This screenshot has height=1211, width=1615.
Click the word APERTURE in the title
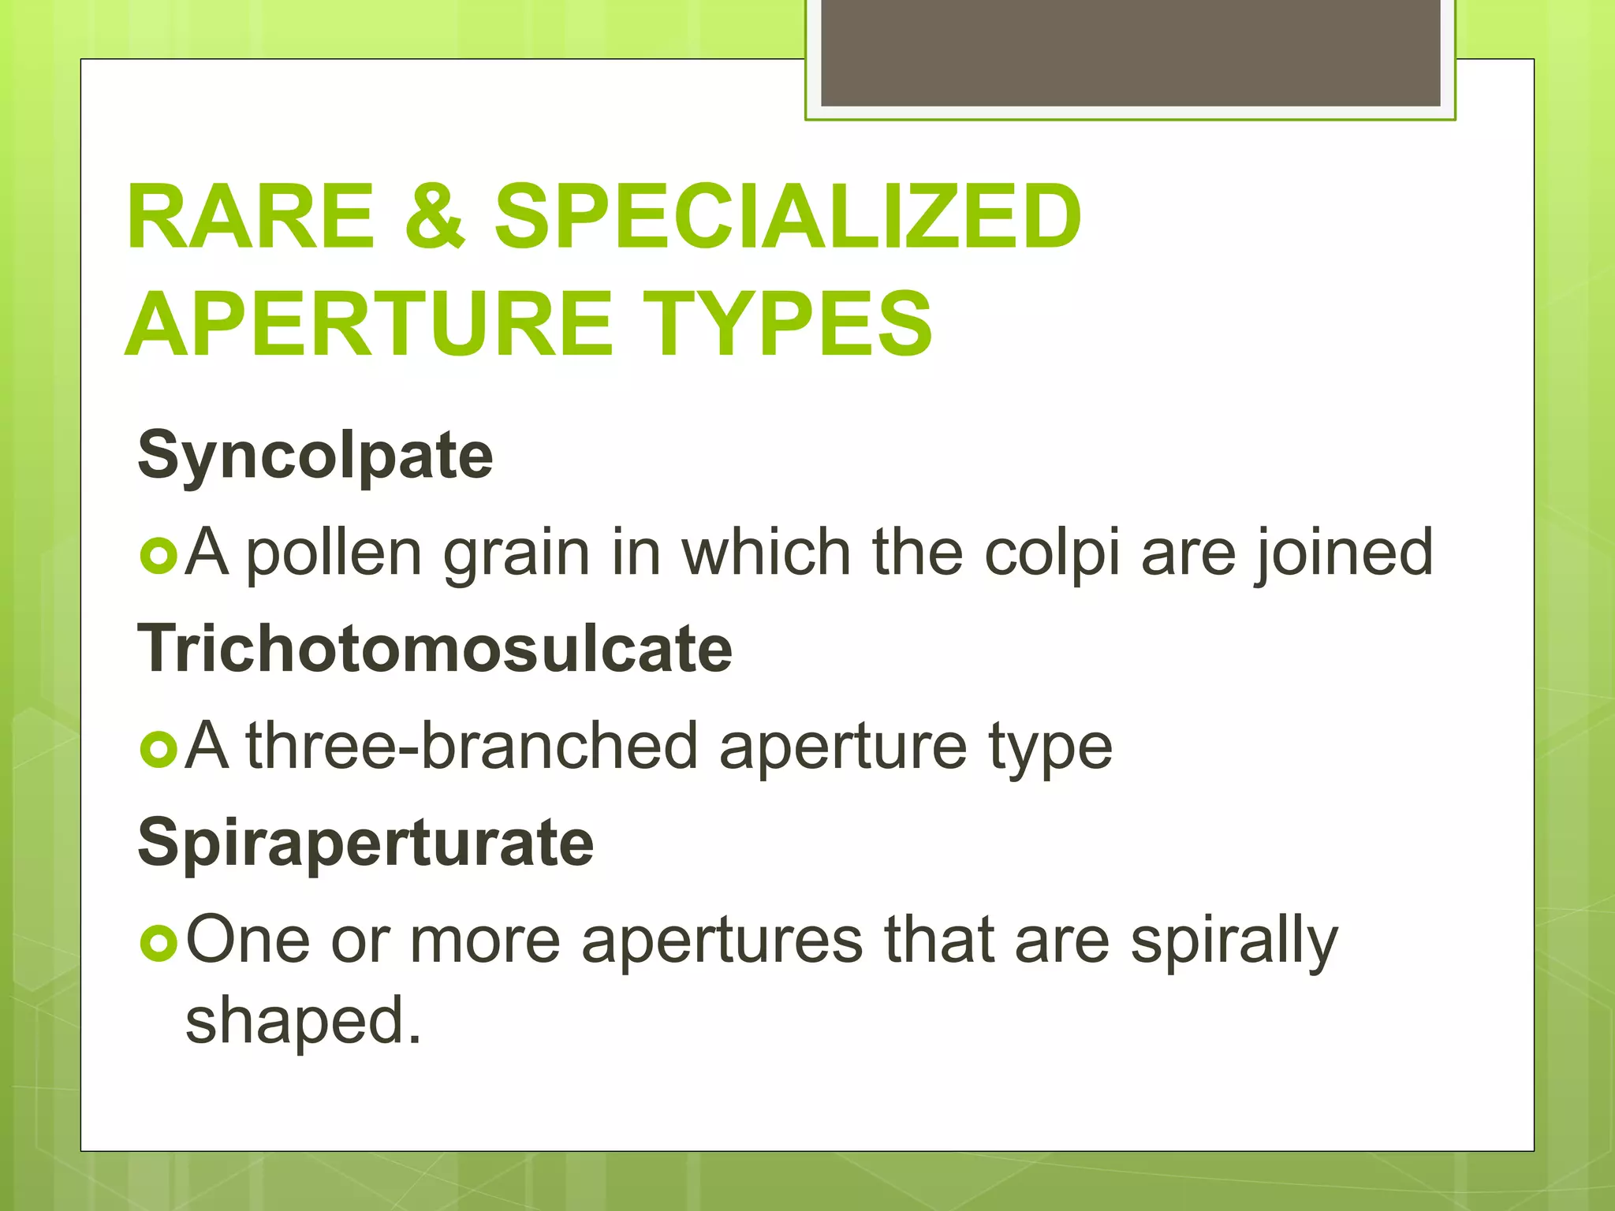click(x=371, y=323)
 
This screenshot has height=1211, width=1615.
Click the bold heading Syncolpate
click(x=315, y=456)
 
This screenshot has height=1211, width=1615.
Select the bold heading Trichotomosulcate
click(x=435, y=649)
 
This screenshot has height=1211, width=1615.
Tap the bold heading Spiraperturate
click(x=365, y=842)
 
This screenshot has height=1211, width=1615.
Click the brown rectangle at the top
click(x=1130, y=53)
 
